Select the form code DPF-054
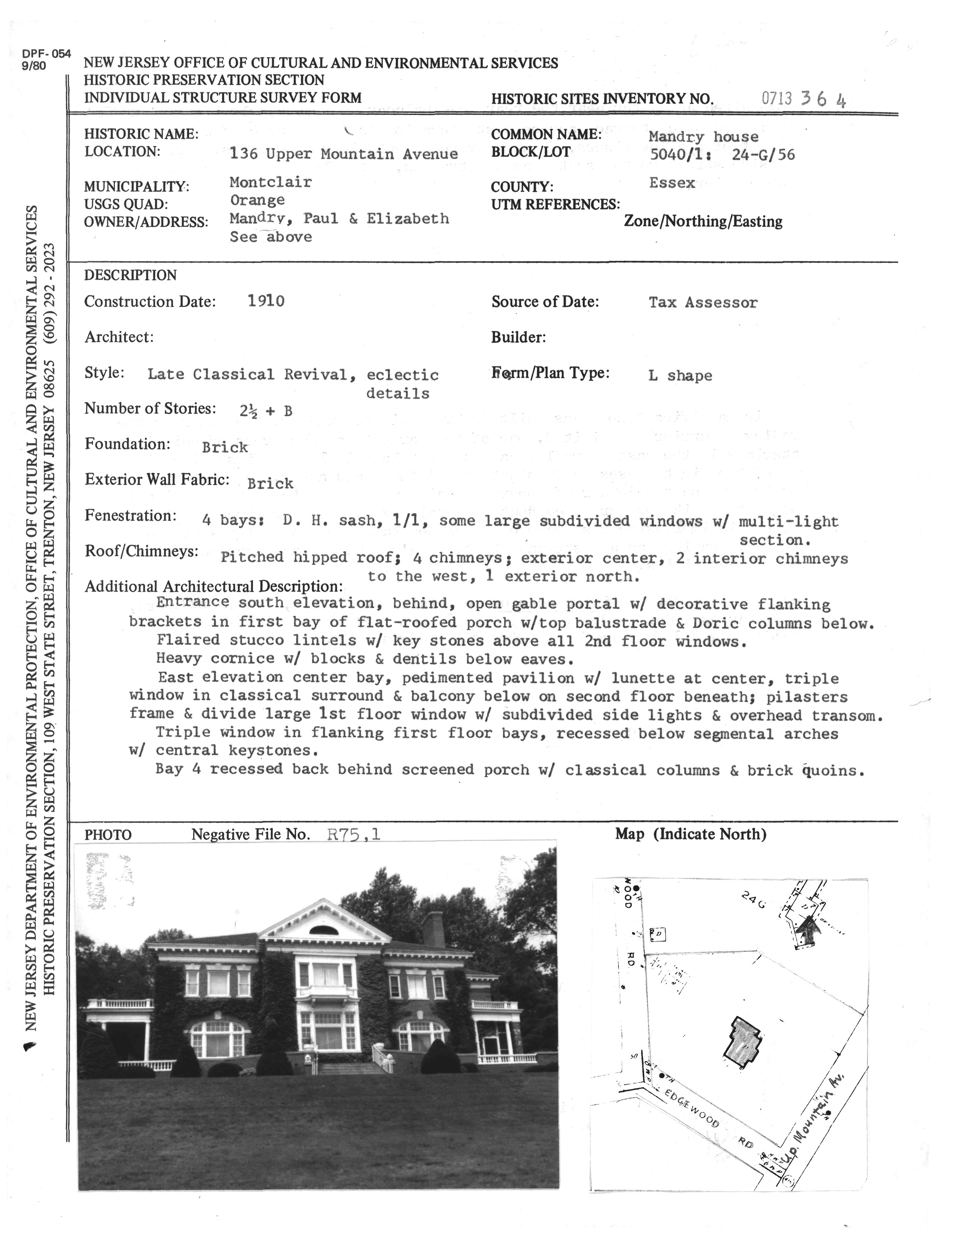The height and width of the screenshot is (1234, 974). (47, 54)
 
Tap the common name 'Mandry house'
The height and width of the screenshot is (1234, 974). (703, 137)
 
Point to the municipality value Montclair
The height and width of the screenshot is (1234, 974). (270, 182)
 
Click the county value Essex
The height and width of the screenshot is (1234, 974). (672, 183)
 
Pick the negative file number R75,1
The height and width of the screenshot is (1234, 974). (354, 835)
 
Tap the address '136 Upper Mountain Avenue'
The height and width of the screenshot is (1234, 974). (343, 154)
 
